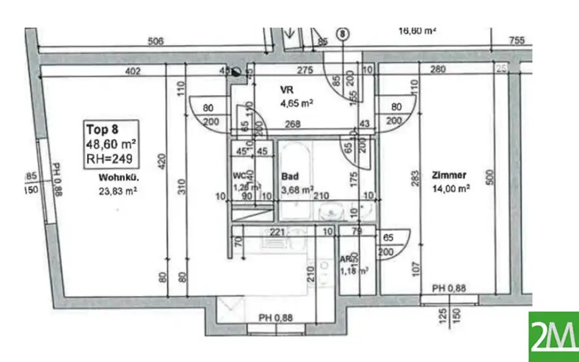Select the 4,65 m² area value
coord(296,104)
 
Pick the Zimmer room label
coord(450,174)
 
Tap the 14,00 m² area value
coord(451,188)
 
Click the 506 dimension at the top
coord(155,41)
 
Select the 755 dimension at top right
coord(516,41)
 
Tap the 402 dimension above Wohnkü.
coord(133,71)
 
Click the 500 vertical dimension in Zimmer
coord(490,178)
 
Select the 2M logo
coord(554,337)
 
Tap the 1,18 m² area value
coord(355,271)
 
